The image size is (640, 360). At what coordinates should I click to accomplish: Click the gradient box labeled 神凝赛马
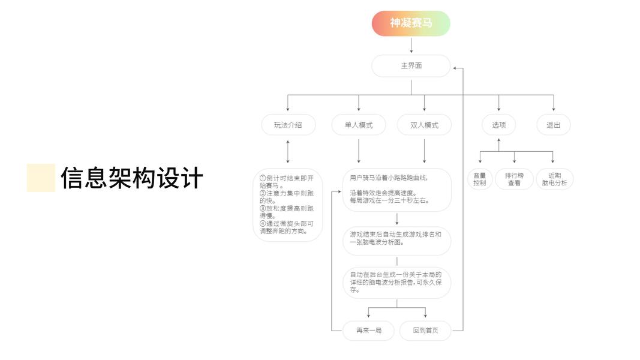tap(411, 23)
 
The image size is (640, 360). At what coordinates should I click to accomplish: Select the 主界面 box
tap(411, 66)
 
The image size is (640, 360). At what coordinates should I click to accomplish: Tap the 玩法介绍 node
tap(288, 125)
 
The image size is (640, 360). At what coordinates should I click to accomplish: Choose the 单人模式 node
tap(359, 125)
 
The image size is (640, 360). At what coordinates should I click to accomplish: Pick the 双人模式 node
tap(424, 125)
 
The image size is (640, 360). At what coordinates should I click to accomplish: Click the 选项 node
tap(498, 125)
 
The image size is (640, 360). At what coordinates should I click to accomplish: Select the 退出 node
tap(553, 125)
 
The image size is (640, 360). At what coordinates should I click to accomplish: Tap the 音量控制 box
tap(480, 179)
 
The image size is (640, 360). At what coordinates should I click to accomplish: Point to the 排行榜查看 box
tap(514, 179)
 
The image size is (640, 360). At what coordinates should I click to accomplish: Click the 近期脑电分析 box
tap(554, 179)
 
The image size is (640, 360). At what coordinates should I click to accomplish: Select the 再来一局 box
tap(368, 331)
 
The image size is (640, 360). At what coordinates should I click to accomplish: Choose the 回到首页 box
tap(425, 331)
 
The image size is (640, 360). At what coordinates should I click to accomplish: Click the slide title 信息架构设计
tap(132, 178)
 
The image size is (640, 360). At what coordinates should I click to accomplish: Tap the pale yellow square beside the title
tap(41, 178)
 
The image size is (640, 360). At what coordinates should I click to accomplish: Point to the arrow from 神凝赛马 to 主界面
tap(411, 46)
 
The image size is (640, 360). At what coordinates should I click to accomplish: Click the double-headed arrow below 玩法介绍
tap(288, 151)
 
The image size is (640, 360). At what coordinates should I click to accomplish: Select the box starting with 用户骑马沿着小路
tap(396, 190)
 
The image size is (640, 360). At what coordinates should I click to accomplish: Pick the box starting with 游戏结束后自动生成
tap(396, 239)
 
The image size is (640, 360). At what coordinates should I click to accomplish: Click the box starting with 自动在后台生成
tap(396, 283)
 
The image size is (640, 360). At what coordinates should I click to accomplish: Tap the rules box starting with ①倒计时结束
tap(288, 205)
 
